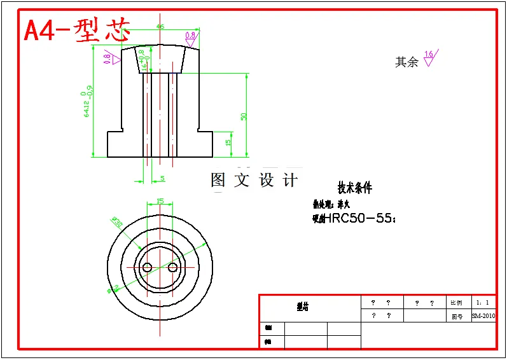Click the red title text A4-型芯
(76, 31)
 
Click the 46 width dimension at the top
(160, 27)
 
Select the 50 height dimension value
(244, 116)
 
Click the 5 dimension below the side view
(162, 179)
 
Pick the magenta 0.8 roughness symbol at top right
(191, 36)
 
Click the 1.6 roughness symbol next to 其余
(430, 59)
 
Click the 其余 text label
(406, 62)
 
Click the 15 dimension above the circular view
(160, 201)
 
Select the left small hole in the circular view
(147, 268)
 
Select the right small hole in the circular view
(172, 268)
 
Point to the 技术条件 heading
(355, 188)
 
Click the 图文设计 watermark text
(254, 180)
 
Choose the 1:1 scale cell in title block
(483, 303)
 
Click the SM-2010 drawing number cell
(483, 316)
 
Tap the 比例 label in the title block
(456, 303)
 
